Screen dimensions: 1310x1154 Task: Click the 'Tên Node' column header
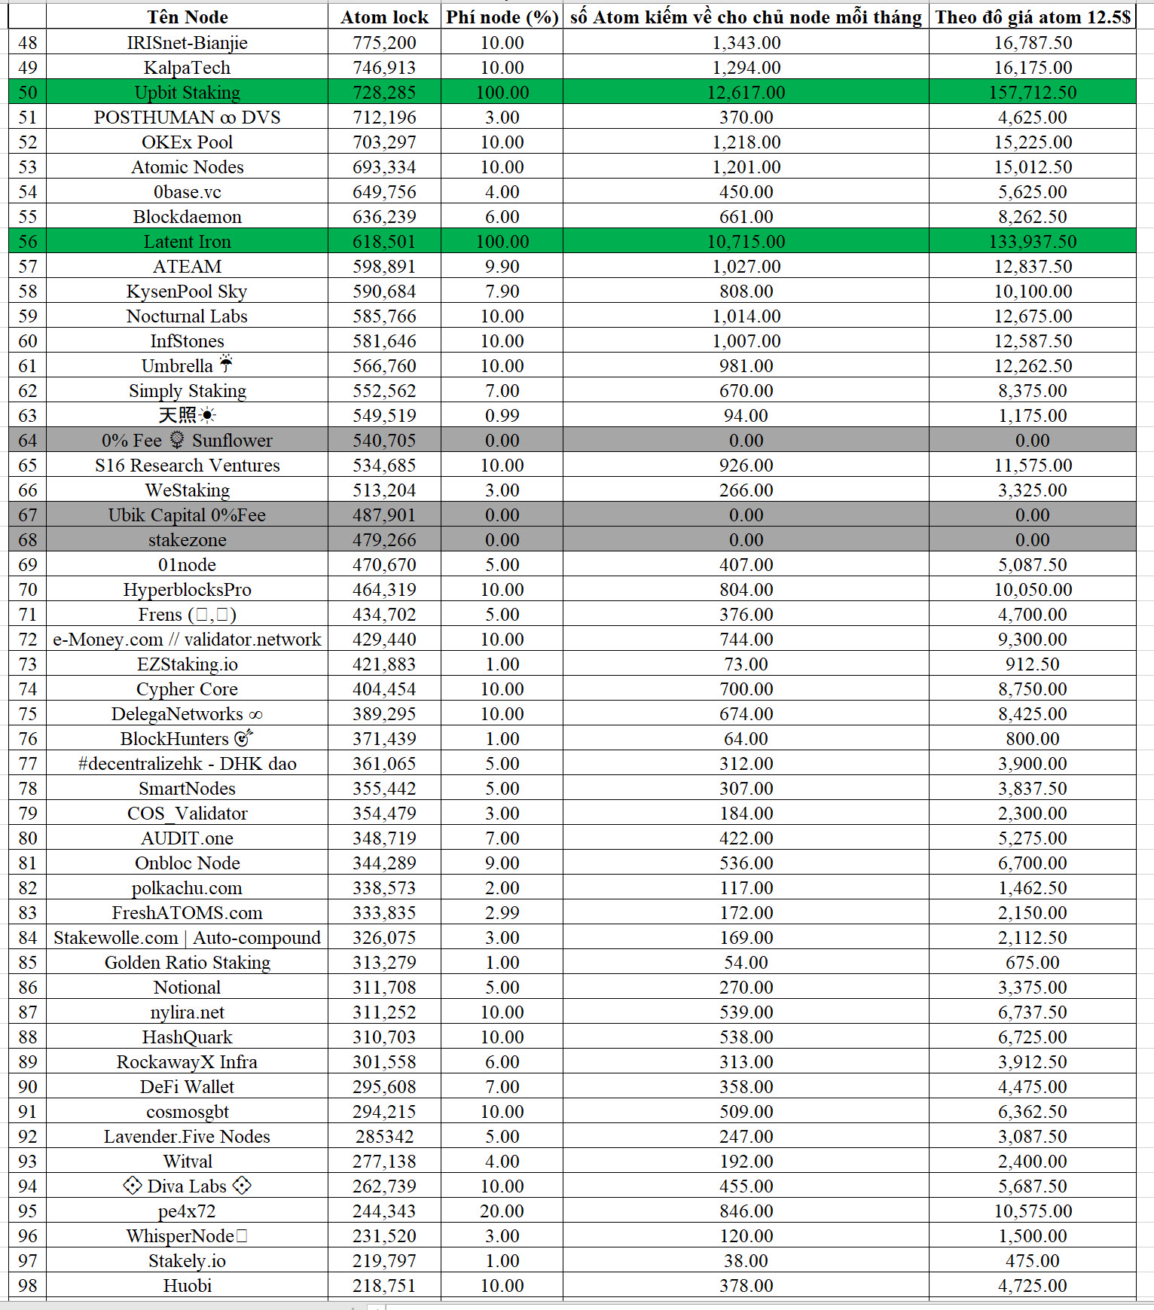[x=187, y=17]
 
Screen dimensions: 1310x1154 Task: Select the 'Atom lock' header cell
[x=384, y=17]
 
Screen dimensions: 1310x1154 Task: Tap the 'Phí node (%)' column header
[x=502, y=17]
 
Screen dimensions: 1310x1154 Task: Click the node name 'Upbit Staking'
[x=187, y=93]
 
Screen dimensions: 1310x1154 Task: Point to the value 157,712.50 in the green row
[x=1032, y=93]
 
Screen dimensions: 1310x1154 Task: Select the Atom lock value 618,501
[x=384, y=242]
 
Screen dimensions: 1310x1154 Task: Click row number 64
[x=27, y=441]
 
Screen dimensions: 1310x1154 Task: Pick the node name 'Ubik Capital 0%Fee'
[x=187, y=515]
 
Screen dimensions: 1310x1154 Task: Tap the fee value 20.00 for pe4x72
[x=502, y=1211]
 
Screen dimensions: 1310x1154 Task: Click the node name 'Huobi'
[x=187, y=1286]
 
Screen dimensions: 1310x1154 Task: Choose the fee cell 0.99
[x=502, y=416]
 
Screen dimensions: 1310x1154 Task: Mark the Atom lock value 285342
[x=384, y=1137]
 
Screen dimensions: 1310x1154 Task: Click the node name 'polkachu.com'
[x=187, y=888]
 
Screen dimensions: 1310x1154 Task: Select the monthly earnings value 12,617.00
[x=746, y=93]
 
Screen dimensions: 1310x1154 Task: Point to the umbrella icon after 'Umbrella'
[x=226, y=365]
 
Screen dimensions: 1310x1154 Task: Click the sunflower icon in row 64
[x=177, y=440]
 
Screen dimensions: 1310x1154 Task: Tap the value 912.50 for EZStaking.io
[x=1032, y=664]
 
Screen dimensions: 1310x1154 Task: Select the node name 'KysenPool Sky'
[x=187, y=292]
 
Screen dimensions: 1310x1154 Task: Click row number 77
[x=27, y=764]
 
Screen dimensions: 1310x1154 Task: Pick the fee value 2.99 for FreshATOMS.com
[x=502, y=913]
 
